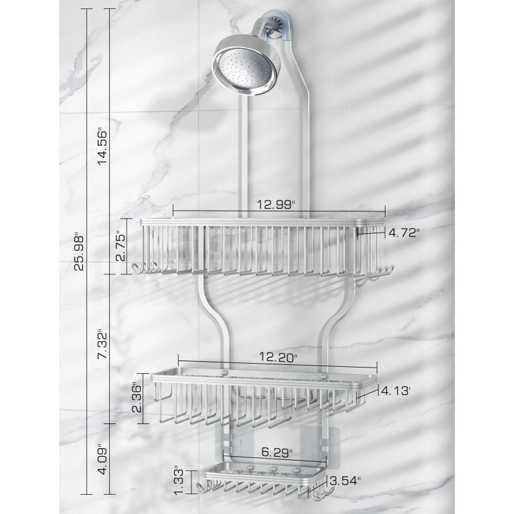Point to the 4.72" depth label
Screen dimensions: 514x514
pos(403,234)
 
